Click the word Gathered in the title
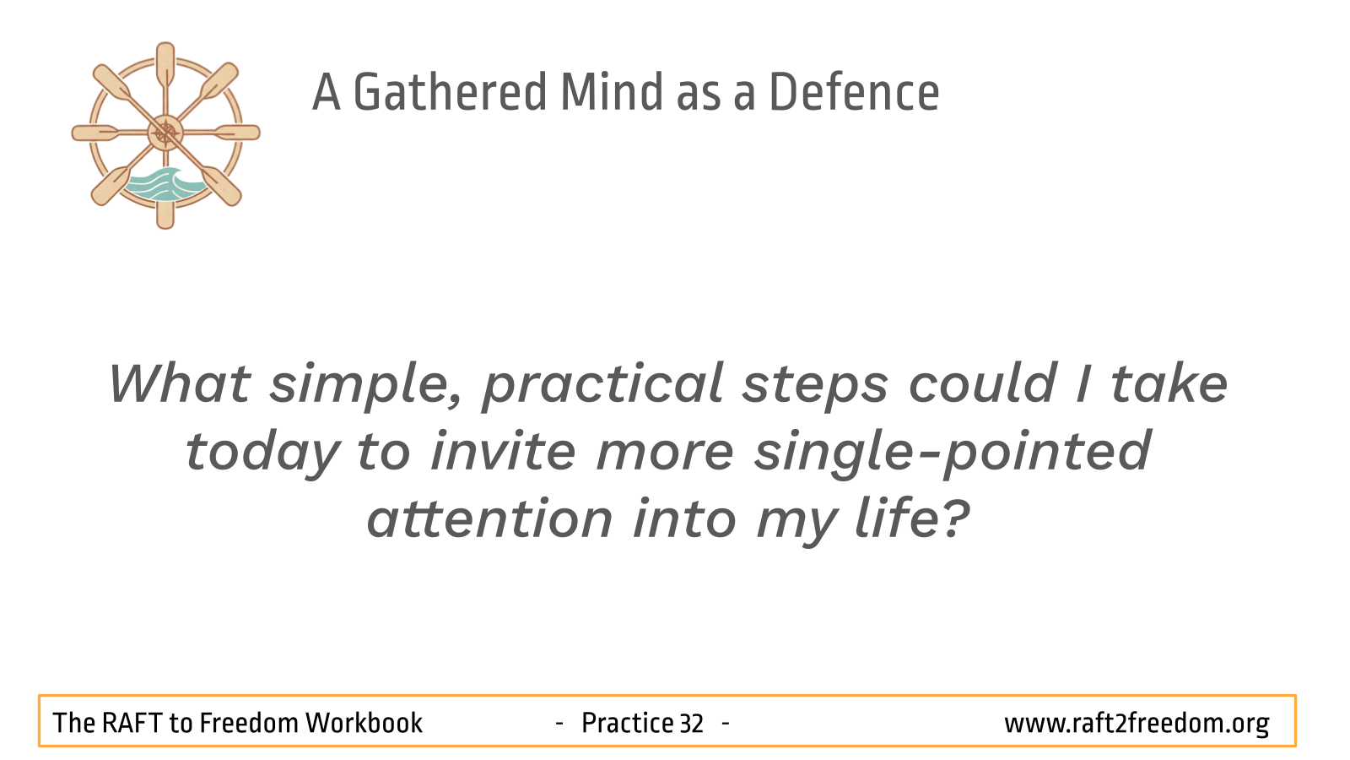click(450, 92)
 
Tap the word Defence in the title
click(854, 92)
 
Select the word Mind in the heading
click(612, 92)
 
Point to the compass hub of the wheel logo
click(165, 133)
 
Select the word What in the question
click(180, 383)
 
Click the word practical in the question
click(602, 386)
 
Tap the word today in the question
click(262, 453)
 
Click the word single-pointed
click(953, 453)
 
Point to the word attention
click(490, 518)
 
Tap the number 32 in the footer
click(691, 724)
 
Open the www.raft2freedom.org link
click(1137, 724)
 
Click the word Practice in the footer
click(628, 723)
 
